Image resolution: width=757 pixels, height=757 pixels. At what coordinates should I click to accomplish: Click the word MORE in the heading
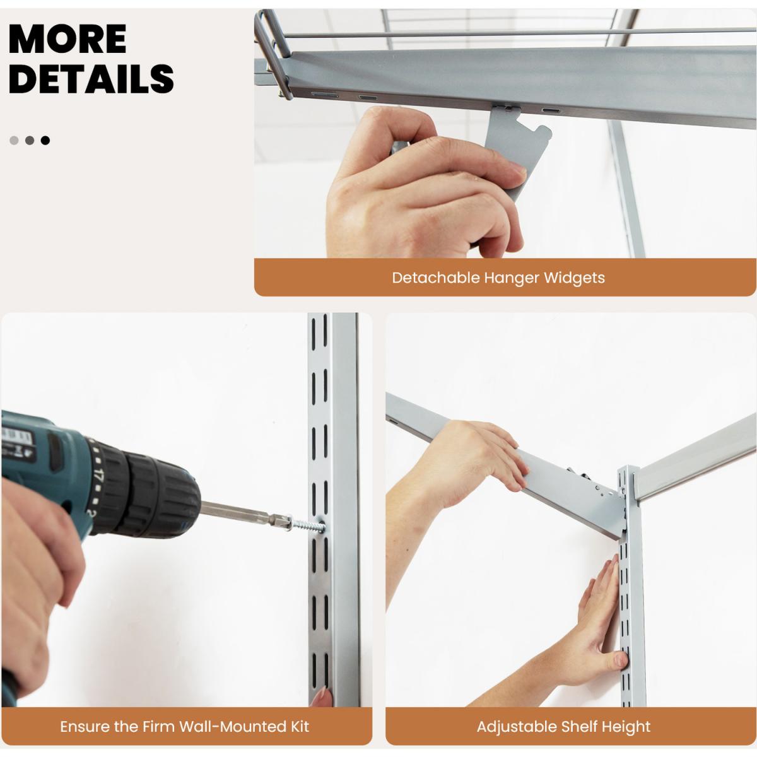(x=67, y=39)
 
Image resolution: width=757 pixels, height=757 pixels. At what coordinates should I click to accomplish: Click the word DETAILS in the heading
(x=91, y=79)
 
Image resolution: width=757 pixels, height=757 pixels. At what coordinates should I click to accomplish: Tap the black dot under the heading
(x=45, y=140)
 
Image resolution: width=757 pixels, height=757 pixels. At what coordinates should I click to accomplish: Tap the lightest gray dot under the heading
(x=14, y=140)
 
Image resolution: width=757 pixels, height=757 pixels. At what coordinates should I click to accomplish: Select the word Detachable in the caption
(x=436, y=278)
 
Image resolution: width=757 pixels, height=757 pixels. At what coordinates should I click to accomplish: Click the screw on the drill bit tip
(x=308, y=524)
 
